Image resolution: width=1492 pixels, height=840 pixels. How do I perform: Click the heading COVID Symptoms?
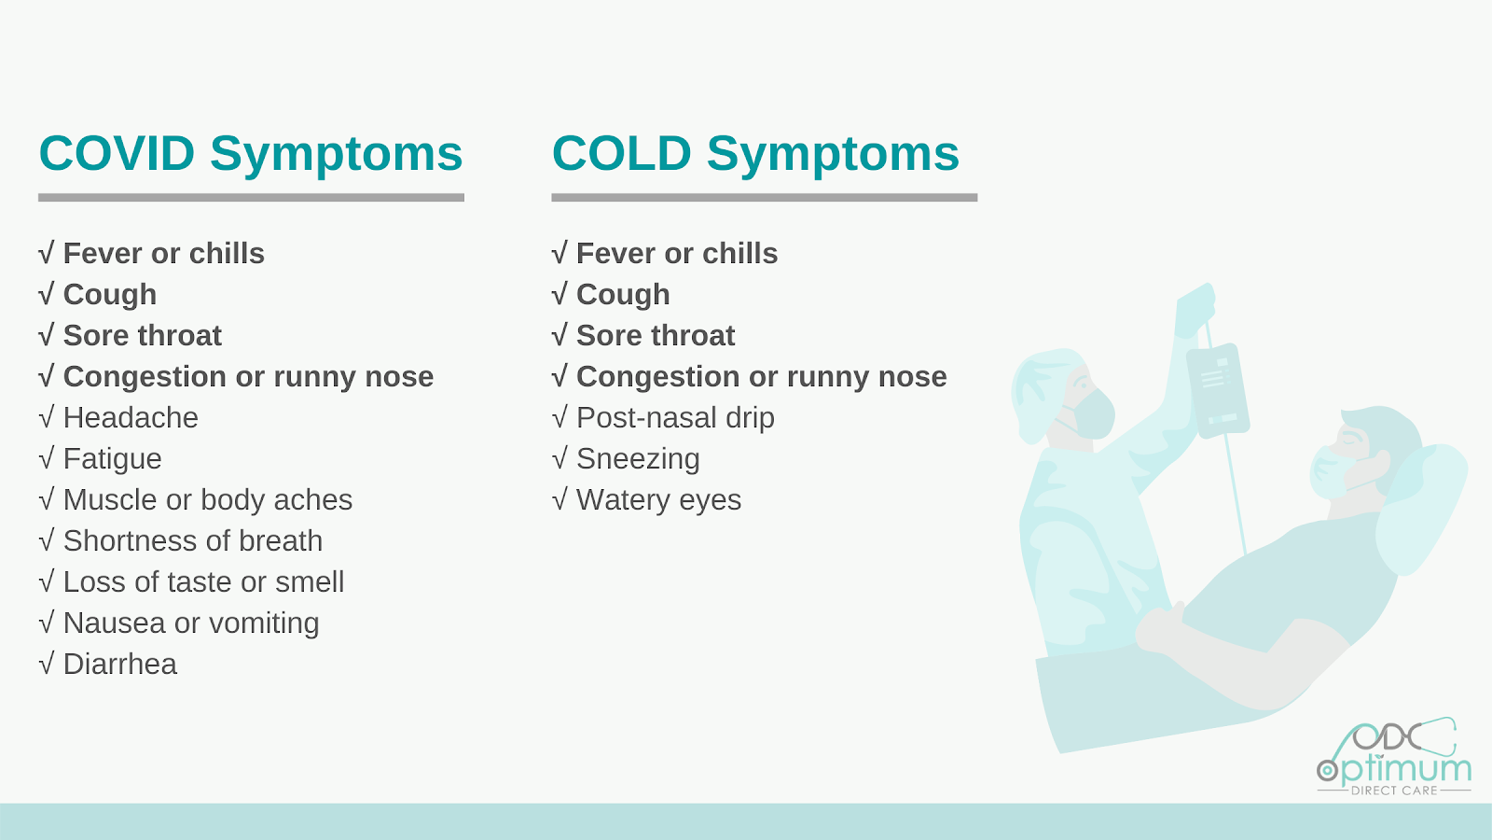coord(251,155)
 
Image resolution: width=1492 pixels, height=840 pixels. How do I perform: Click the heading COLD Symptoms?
coord(755,155)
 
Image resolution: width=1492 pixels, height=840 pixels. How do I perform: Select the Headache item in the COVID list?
coord(131,418)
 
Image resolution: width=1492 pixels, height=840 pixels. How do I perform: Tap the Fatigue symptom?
coord(113,459)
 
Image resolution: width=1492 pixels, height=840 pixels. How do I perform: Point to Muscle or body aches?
coord(208,500)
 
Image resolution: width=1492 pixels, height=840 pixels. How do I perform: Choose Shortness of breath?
coord(193,540)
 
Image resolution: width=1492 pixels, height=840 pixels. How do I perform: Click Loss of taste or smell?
coord(204,582)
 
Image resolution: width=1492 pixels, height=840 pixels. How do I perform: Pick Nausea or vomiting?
coord(191,623)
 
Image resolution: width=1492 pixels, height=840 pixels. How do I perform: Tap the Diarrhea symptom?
coord(120,664)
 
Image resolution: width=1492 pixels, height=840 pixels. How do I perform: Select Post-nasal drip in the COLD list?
coord(675,418)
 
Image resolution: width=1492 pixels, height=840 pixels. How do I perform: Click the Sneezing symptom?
coord(638,459)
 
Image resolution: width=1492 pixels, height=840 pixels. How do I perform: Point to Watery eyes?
coord(658,500)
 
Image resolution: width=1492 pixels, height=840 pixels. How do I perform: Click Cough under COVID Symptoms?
coord(110,295)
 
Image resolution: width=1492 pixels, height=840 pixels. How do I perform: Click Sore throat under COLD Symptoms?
coord(656,335)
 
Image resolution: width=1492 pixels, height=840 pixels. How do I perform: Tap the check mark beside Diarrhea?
coord(47,664)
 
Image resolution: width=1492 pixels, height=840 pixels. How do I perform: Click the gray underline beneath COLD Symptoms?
coord(765,197)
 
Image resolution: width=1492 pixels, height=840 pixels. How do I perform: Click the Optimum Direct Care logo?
coord(1394,757)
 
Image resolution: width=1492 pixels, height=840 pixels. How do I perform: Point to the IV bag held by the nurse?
coord(1218,391)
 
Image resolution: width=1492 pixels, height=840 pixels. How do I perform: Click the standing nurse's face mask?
coord(1090,413)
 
